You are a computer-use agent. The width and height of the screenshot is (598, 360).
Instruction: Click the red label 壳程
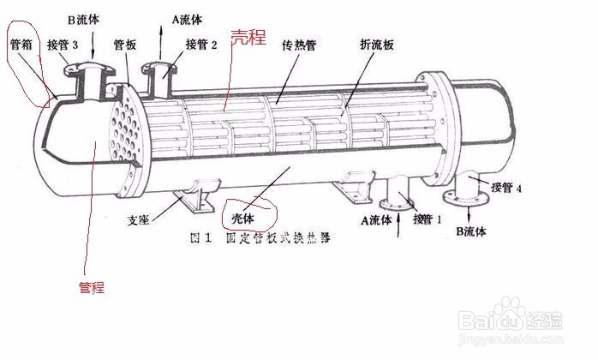click(x=248, y=38)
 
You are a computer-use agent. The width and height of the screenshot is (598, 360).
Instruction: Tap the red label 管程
click(x=91, y=288)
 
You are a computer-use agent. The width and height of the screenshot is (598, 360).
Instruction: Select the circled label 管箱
click(x=21, y=45)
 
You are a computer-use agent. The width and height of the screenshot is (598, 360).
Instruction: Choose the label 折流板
click(x=377, y=44)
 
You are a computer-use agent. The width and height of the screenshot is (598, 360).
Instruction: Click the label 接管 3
click(x=63, y=45)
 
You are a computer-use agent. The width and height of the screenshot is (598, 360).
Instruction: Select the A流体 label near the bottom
click(x=376, y=219)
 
